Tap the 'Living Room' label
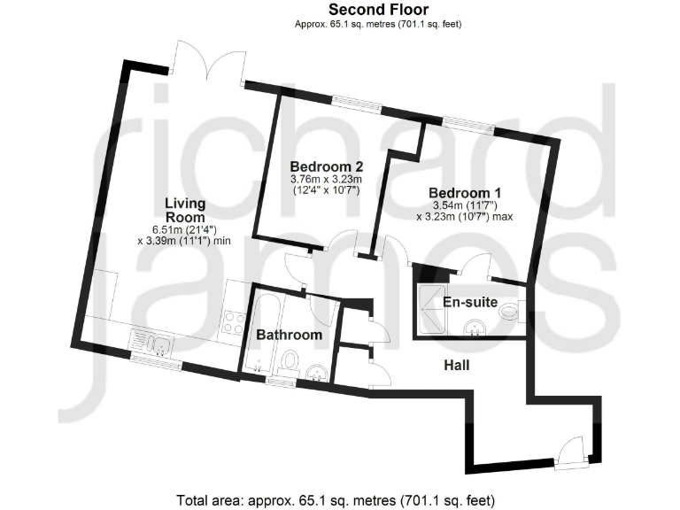click(x=185, y=211)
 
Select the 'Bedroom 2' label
click(x=327, y=166)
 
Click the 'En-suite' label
click(x=470, y=302)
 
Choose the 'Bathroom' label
click(x=289, y=335)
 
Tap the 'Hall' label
click(x=457, y=365)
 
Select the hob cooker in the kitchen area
click(x=235, y=324)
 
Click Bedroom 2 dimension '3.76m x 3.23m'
click(x=326, y=179)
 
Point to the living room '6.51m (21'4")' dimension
click(x=186, y=227)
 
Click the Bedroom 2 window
click(x=358, y=106)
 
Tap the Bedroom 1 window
click(x=468, y=124)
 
